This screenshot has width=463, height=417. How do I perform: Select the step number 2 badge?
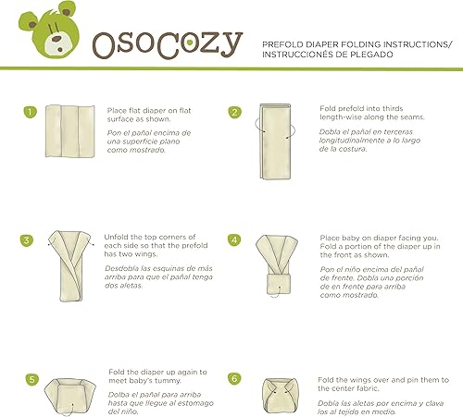point(235,113)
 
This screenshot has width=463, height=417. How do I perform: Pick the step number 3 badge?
point(29,241)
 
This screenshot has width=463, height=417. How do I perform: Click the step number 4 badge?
point(235,241)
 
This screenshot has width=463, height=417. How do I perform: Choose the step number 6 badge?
point(235,379)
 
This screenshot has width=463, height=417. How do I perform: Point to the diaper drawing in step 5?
point(75,389)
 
